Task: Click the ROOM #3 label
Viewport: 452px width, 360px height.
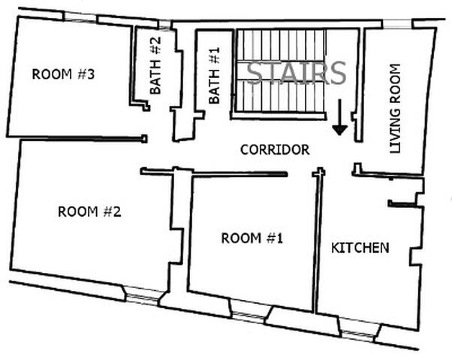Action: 63,74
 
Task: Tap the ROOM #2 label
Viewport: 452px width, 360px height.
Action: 89,212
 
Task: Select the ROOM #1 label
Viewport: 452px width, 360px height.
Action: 252,238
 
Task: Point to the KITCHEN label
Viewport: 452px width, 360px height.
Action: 360,248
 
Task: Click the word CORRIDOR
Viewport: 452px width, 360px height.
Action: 275,150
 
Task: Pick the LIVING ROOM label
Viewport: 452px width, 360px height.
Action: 395,108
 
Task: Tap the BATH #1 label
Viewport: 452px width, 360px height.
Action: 214,76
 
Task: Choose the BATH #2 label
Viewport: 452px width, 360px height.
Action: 155,66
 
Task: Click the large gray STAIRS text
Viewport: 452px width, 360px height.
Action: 297,73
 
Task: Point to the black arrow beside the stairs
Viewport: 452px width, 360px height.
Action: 339,117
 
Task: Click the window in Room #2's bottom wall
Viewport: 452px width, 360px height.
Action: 143,295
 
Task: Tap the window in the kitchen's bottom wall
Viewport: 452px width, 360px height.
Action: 359,331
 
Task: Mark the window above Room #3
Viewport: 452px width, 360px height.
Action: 80,17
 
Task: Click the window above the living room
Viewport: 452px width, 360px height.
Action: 397,24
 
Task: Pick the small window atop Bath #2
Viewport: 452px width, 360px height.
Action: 164,25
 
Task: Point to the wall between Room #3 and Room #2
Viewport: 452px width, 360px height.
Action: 83,139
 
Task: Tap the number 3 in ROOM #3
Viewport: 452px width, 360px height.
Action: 90,74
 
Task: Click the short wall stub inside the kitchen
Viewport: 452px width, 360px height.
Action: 402,204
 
